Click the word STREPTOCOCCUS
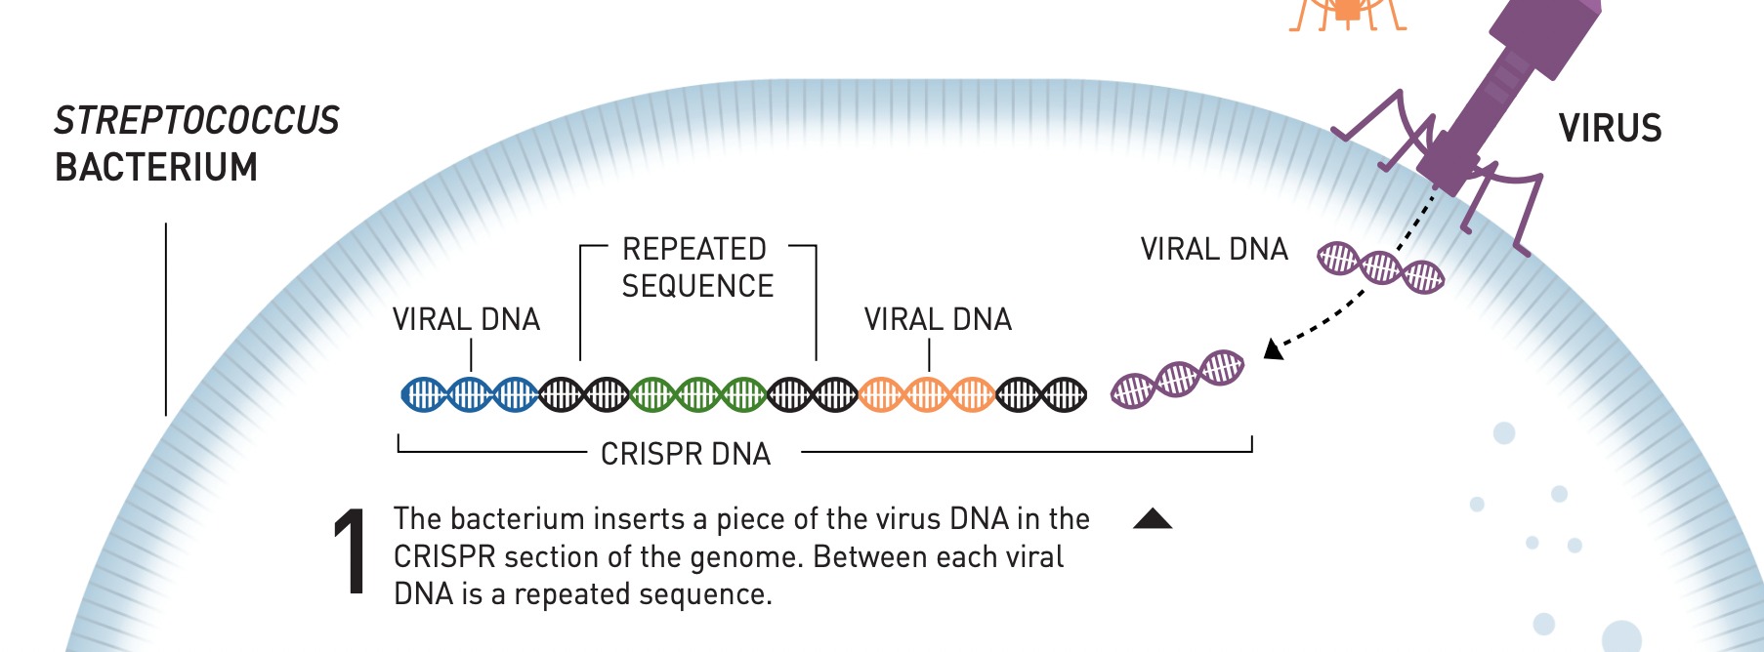196,121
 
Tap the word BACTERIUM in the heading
156,168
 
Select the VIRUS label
1610,129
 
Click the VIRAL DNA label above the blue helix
466,319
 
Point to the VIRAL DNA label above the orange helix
938,319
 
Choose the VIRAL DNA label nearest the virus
1214,249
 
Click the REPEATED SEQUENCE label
696,267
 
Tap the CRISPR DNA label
686,454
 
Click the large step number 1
350,553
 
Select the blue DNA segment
469,394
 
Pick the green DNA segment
697,394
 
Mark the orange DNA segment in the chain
926,394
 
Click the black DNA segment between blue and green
583,394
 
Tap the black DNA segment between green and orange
813,394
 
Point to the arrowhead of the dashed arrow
1272,348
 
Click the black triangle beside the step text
1153,518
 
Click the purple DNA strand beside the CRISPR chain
1177,378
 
